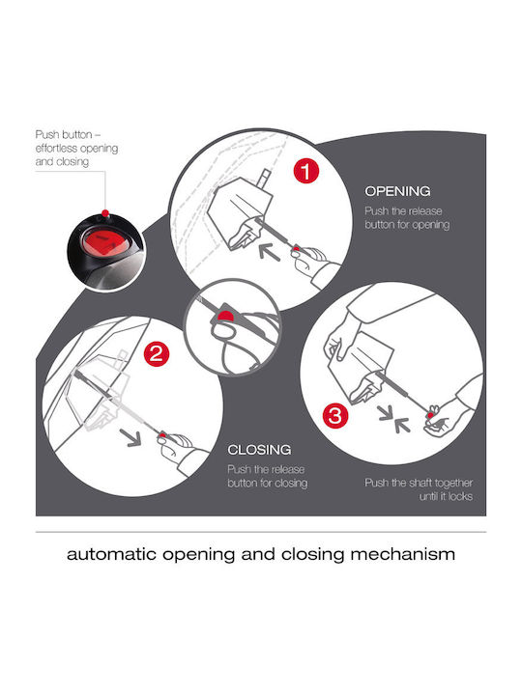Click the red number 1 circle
tap(305, 171)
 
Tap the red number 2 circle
tap(157, 353)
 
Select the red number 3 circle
tap(335, 416)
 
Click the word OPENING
tap(397, 191)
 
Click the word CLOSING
tap(259, 450)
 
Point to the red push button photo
tap(105, 250)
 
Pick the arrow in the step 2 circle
tap(130, 438)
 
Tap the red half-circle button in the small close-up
tap(225, 316)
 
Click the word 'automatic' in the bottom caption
tap(111, 554)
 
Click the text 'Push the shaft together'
tap(419, 483)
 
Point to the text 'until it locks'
tap(446, 496)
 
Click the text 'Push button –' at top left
tap(69, 134)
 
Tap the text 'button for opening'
tap(407, 225)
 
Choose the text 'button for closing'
tap(267, 483)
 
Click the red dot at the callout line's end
tap(104, 213)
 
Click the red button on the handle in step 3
tap(430, 415)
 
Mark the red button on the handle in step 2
tap(162, 435)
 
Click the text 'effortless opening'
tap(76, 148)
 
